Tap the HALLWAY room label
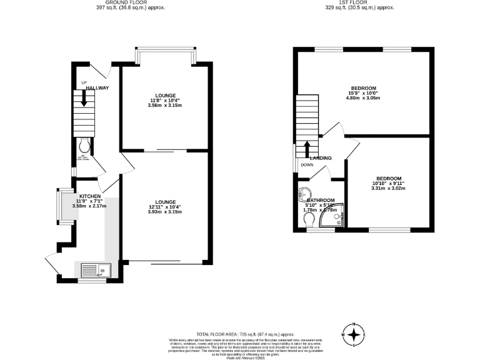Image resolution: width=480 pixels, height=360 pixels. coord(97,88)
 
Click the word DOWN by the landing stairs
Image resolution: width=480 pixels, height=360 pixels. coord(307,165)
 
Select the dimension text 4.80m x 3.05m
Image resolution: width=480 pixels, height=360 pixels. coord(363,99)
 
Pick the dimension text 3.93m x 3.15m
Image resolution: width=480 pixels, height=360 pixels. coord(165,211)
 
